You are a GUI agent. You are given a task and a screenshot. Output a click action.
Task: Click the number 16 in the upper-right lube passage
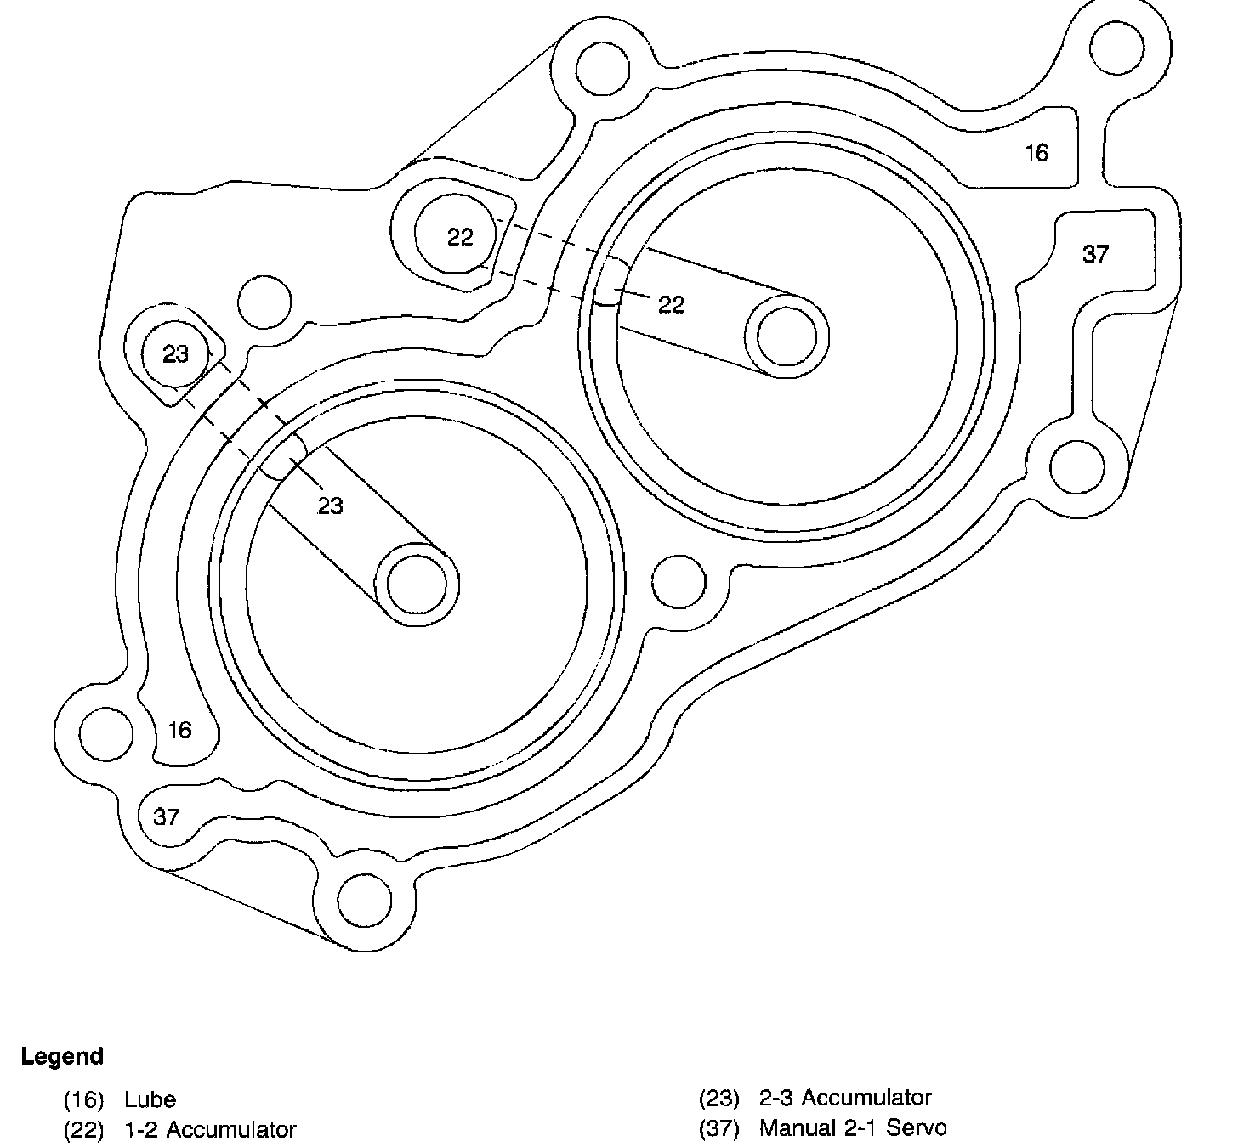click(x=1036, y=153)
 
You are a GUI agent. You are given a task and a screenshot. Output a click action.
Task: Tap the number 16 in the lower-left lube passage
click(x=179, y=730)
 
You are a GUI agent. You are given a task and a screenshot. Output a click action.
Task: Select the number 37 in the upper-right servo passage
click(x=1095, y=253)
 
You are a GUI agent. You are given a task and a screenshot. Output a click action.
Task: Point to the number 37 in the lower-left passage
click(x=167, y=816)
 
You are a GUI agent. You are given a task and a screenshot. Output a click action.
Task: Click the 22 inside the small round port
click(x=459, y=237)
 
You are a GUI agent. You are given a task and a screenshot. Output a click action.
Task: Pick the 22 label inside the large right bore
click(x=671, y=304)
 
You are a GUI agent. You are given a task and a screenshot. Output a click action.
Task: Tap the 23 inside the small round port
click(x=175, y=353)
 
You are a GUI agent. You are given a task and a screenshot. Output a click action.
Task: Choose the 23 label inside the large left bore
click(x=330, y=506)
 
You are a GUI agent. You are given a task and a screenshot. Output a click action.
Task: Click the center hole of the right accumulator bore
click(x=787, y=336)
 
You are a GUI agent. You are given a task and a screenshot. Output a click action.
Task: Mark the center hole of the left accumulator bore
click(x=417, y=584)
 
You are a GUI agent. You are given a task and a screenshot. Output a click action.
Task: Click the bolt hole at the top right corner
click(x=1118, y=48)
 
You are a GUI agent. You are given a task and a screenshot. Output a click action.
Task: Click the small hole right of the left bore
click(x=679, y=581)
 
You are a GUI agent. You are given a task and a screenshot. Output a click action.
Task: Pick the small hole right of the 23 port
click(x=264, y=302)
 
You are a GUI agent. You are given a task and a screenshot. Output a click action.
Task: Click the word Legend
click(x=62, y=1057)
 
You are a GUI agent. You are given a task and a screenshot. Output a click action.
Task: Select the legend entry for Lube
click(x=150, y=1099)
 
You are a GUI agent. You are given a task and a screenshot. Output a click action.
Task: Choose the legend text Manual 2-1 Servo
click(x=853, y=1127)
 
